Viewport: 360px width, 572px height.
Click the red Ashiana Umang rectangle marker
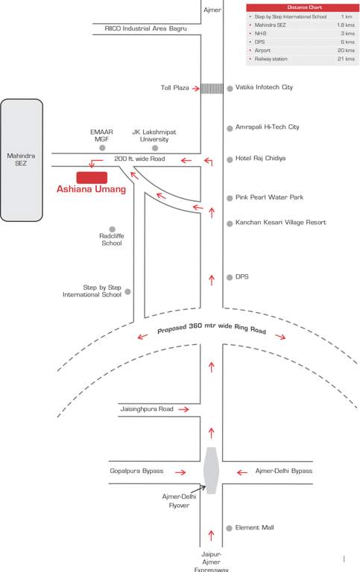(92, 177)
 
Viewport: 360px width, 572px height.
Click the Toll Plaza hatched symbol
(212, 88)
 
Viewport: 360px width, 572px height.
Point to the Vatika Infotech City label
(264, 87)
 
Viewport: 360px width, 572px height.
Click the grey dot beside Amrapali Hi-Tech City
(230, 127)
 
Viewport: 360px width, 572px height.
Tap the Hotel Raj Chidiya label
(260, 159)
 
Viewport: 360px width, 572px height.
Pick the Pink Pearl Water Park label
(269, 197)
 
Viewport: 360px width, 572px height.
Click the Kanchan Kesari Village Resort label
(280, 223)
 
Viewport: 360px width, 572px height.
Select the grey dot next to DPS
(230, 277)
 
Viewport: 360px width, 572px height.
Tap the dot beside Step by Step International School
(127, 291)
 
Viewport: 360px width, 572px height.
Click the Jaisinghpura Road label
(146, 409)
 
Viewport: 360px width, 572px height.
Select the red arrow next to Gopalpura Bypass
(179, 471)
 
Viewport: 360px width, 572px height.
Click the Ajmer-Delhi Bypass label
(284, 471)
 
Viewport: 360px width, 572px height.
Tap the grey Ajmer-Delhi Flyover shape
(212, 470)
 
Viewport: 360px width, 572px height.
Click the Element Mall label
(254, 527)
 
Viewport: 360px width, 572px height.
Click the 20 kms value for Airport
(345, 50)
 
